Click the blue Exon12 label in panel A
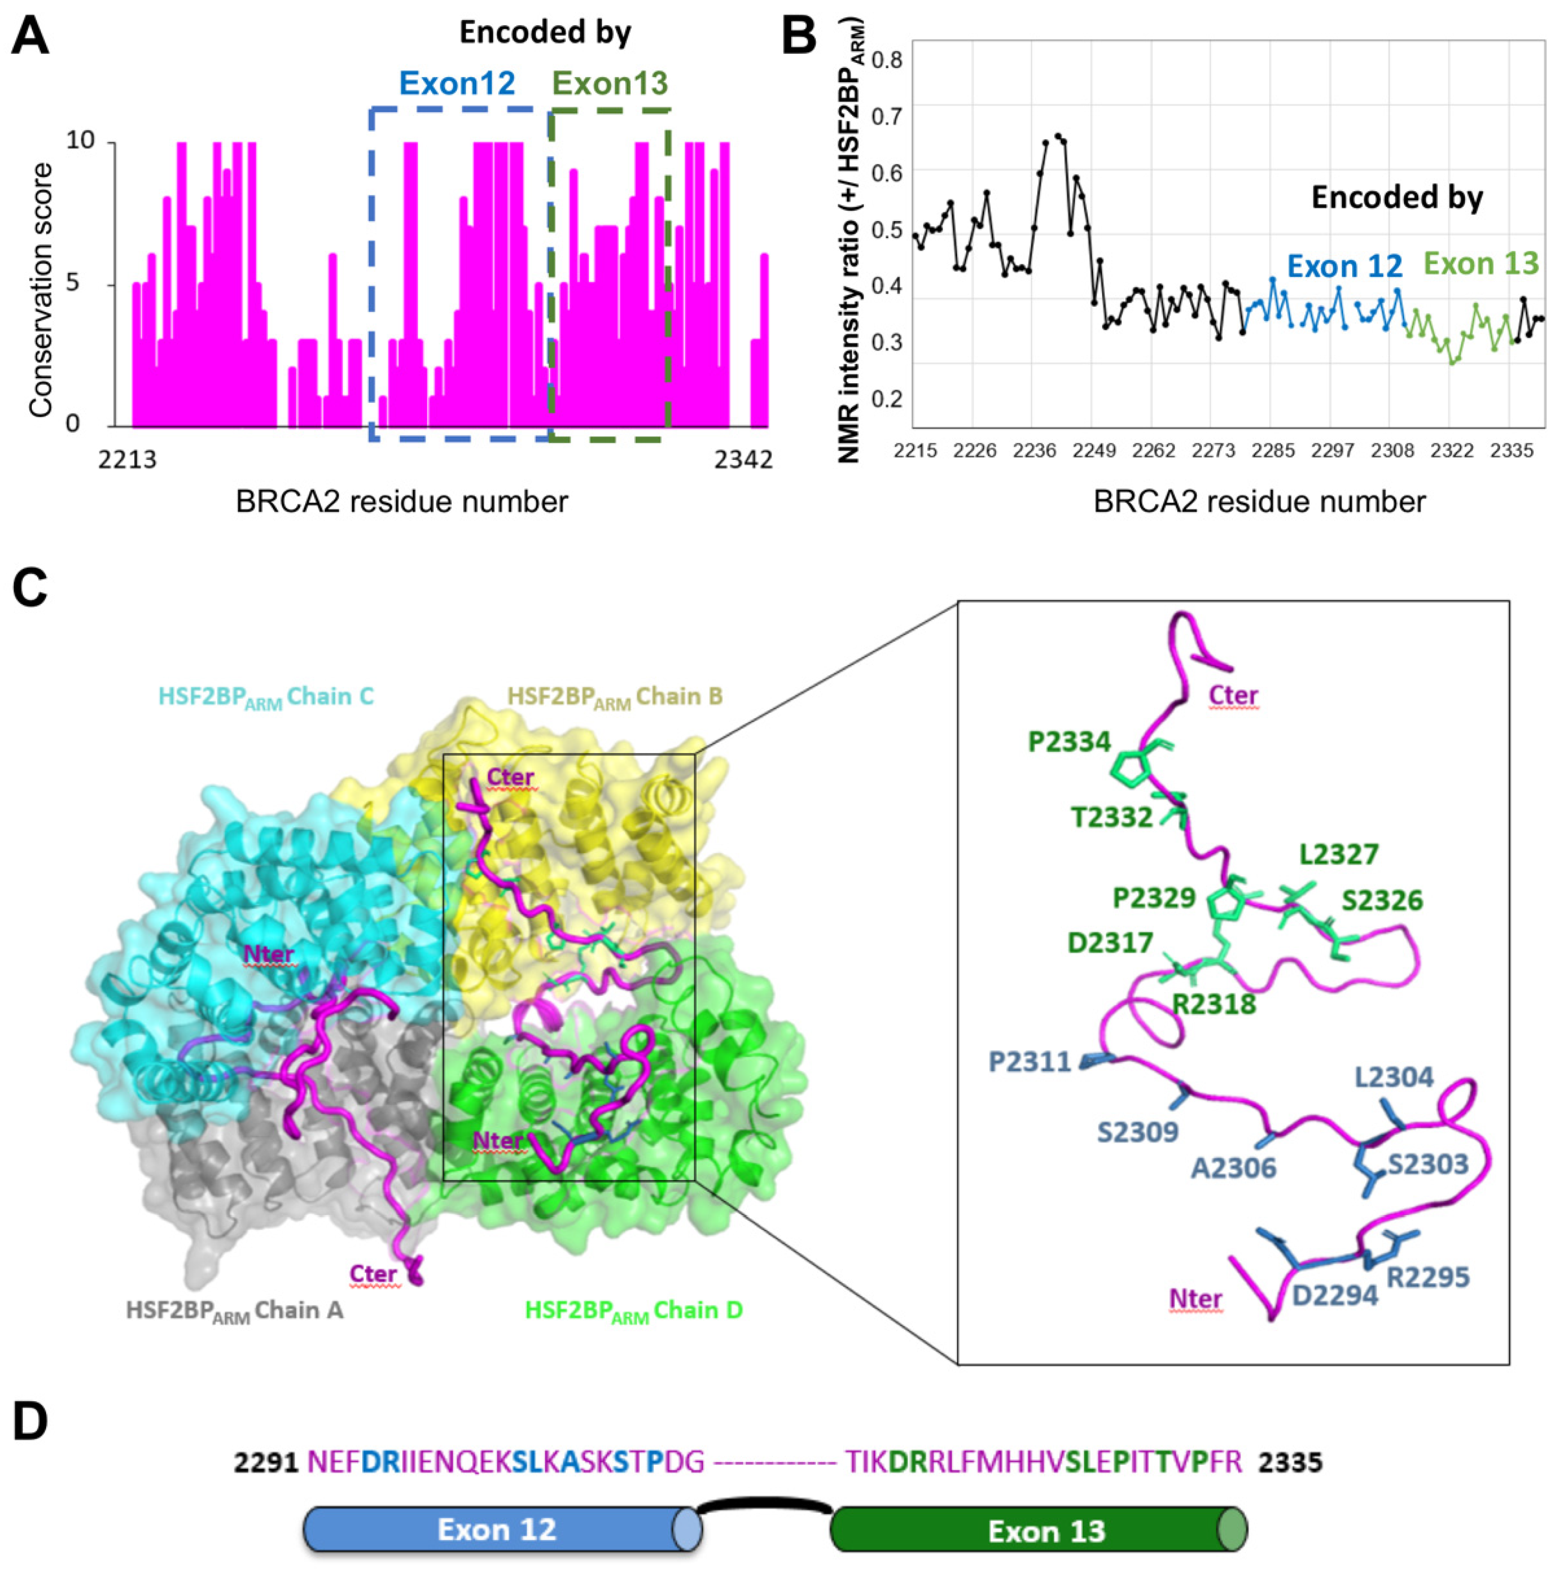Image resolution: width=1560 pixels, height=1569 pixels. (457, 83)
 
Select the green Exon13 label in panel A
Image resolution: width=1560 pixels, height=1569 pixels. (610, 83)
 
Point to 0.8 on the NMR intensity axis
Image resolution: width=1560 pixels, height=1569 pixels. (887, 60)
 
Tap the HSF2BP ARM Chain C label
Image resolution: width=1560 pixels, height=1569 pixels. (266, 697)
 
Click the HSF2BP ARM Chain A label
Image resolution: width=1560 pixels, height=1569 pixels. (235, 1310)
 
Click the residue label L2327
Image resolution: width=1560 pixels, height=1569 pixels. (1338, 854)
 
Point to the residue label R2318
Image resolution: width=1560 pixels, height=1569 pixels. (1214, 1004)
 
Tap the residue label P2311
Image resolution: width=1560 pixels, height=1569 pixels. (1030, 1062)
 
